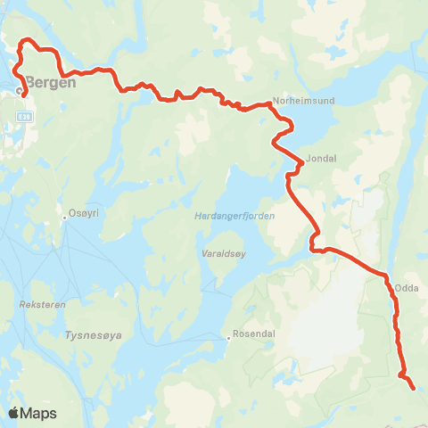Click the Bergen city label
(52, 81)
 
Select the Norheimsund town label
(304, 101)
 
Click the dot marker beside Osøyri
(64, 215)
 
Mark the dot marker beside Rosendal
(226, 336)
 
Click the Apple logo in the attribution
(14, 413)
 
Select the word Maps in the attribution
(38, 413)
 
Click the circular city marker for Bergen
(19, 90)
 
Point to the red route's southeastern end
(413, 388)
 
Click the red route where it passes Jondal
(300, 163)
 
